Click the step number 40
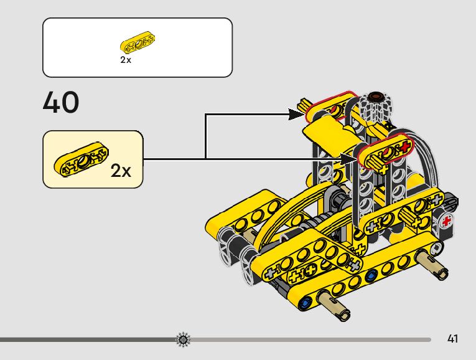pos(61,103)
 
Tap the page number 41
pos(452,339)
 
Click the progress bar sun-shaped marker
pos(183,339)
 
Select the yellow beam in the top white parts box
pos(138,45)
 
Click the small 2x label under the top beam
pos(126,60)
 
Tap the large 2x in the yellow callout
pos(121,171)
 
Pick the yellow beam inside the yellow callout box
pos(81,157)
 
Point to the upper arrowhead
pos(298,114)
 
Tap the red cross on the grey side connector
pos(447,221)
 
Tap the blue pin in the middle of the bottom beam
pos(371,275)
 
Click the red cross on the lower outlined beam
pos(405,147)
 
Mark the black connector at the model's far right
pos(452,204)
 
